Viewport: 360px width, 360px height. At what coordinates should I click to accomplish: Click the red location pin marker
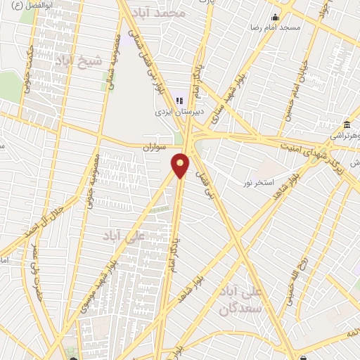click(181, 165)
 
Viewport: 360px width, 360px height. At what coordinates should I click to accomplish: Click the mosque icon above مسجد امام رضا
click(275, 17)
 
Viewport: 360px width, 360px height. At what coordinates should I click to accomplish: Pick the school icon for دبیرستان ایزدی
click(179, 100)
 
